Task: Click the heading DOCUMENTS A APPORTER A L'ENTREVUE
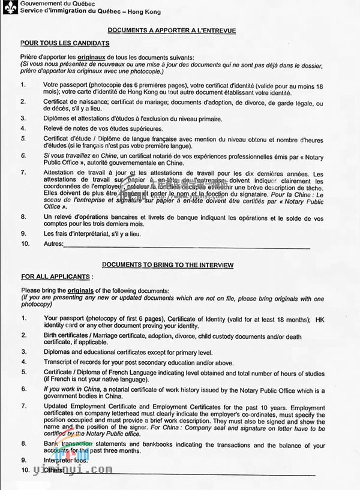tap(171, 30)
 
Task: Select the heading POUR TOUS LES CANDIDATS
tap(65, 43)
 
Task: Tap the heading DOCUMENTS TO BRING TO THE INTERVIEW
tap(167, 264)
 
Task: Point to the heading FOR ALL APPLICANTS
tap(56, 277)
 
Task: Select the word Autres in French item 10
tap(53, 244)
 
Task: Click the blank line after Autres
tap(186, 245)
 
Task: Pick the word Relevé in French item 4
tap(54, 128)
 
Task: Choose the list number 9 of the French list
tap(23, 233)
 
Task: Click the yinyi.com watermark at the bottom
tap(75, 470)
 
